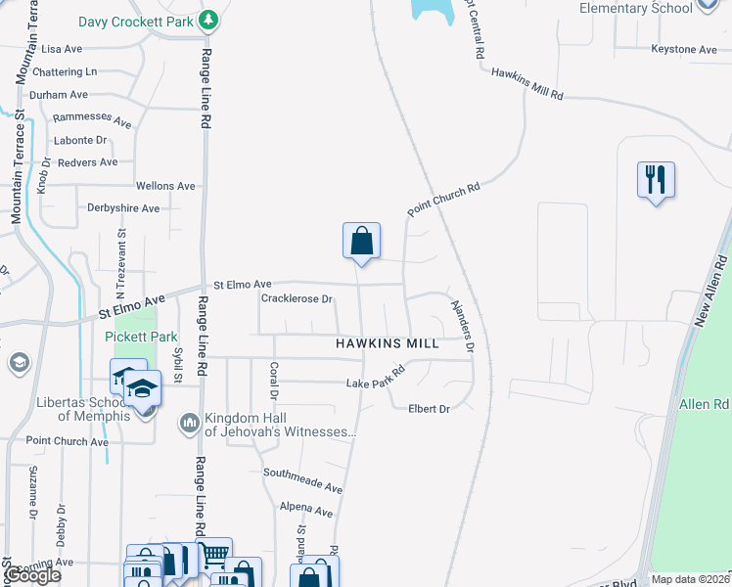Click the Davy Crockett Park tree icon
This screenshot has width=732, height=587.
(207, 19)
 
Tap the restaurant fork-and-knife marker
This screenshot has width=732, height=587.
(656, 180)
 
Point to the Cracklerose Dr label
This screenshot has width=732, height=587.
(298, 298)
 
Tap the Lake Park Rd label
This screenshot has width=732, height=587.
(376, 378)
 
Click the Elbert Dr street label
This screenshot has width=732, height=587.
(430, 408)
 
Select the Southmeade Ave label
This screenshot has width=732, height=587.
(302, 479)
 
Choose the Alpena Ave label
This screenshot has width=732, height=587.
(305, 510)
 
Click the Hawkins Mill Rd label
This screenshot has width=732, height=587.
(527, 83)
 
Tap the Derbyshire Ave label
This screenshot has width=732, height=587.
(123, 208)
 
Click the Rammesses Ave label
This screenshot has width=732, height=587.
(92, 119)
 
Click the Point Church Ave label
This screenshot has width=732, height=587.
(67, 441)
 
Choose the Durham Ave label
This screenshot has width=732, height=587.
(59, 95)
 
